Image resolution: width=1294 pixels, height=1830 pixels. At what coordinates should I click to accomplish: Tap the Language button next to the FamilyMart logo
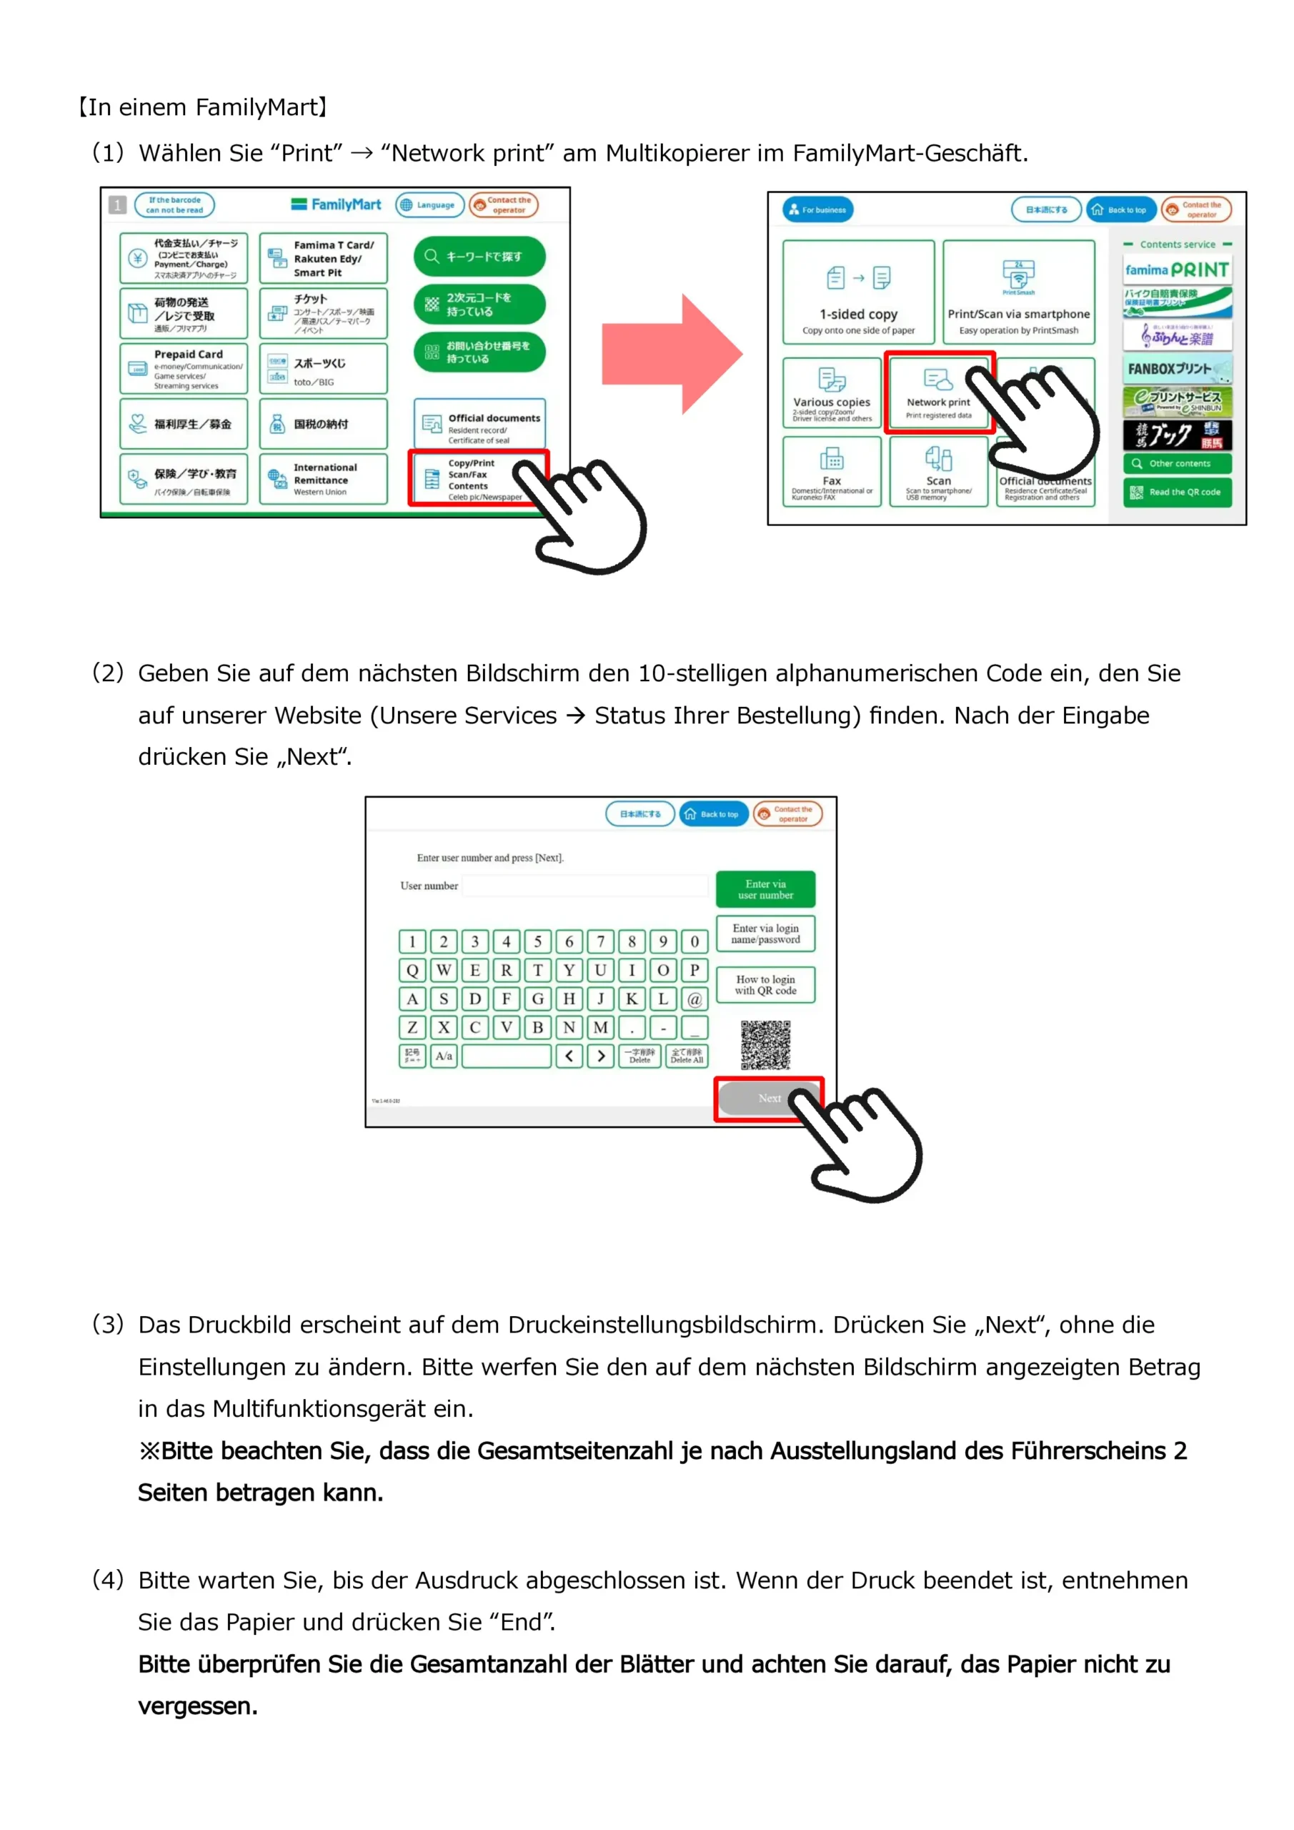click(429, 205)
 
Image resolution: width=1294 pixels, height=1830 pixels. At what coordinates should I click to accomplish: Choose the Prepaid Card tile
click(183, 368)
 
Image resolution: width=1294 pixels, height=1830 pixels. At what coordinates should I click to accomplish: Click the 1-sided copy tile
click(858, 292)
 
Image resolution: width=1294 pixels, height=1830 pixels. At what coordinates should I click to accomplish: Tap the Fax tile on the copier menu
click(831, 471)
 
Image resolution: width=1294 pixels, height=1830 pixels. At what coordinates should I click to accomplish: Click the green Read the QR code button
click(1177, 492)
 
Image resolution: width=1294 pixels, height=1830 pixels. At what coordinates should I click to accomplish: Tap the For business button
click(817, 209)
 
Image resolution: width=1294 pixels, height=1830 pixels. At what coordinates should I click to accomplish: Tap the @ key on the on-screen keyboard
click(694, 999)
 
